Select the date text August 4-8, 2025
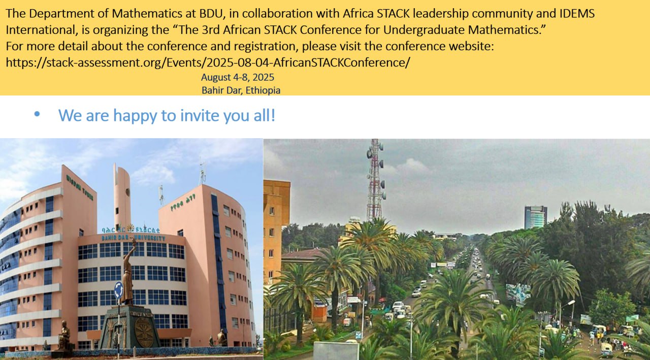237,77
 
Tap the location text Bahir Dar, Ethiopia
241,90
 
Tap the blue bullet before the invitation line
37,114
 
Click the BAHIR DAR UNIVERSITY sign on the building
134,238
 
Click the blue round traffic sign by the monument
118,290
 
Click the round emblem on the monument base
144,332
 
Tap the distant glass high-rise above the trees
535,217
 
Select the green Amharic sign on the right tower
183,205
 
